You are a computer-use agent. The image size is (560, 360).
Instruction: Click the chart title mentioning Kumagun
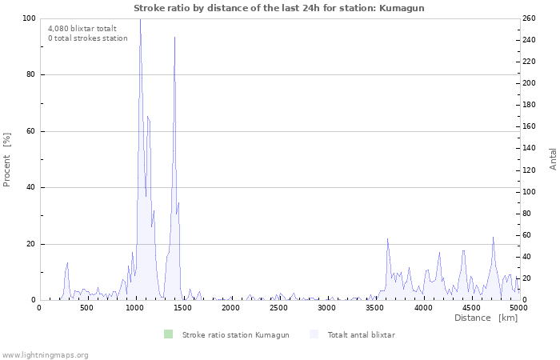(279, 8)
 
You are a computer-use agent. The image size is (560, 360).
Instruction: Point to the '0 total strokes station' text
(87, 38)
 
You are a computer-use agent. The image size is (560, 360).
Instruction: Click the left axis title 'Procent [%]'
(7, 159)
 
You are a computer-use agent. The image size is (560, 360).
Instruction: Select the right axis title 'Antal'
(553, 158)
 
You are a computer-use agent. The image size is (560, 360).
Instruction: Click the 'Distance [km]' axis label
(486, 318)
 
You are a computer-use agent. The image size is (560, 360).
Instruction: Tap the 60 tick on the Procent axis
(31, 131)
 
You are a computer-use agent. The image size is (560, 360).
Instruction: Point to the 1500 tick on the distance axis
(182, 307)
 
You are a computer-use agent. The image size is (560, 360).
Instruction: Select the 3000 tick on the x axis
(326, 307)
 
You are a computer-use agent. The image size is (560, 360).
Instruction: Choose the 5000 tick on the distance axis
(518, 307)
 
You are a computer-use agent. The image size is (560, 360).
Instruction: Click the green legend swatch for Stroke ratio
(168, 334)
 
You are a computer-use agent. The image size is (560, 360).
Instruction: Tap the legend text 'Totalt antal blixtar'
(361, 334)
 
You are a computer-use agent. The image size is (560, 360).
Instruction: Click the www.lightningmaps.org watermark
(45, 354)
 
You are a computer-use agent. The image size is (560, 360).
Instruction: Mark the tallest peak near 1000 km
(140, 20)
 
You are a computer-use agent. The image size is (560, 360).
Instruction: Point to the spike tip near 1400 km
(174, 37)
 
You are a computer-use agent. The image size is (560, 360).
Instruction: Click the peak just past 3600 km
(387, 238)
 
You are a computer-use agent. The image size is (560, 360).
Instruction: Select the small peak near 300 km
(67, 262)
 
